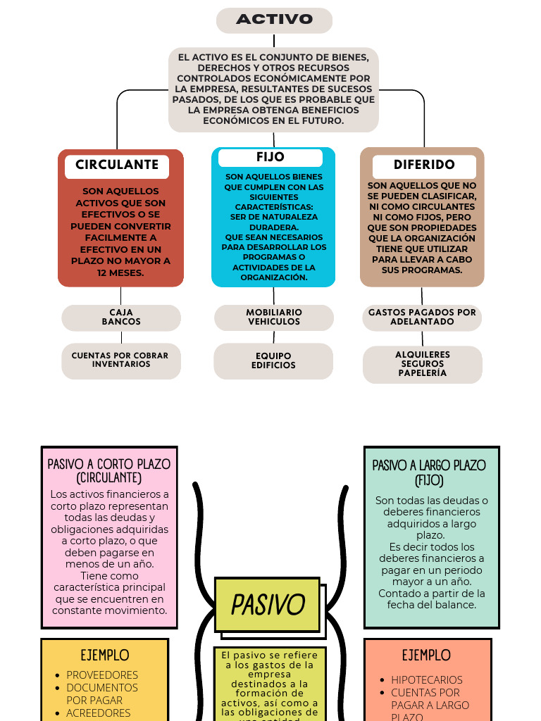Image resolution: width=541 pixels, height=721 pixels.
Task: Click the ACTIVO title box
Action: (274, 20)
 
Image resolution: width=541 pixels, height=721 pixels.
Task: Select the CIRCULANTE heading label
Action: (117, 165)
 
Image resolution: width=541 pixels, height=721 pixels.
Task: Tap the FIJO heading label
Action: (270, 157)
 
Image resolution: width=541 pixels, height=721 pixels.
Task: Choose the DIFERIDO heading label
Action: (424, 165)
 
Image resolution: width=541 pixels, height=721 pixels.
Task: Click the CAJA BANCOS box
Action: (121, 318)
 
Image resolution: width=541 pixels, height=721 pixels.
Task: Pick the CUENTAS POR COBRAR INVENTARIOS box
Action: (120, 360)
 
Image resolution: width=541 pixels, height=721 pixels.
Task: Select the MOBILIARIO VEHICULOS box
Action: (274, 318)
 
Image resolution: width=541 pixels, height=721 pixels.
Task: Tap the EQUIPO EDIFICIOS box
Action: (273, 361)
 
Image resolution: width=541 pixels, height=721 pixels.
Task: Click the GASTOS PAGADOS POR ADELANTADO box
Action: (422, 318)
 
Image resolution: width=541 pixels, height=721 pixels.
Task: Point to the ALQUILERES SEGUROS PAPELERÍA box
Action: (423, 365)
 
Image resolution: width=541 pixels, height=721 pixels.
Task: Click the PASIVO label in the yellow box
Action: (268, 605)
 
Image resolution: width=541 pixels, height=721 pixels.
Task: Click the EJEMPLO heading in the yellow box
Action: (104, 656)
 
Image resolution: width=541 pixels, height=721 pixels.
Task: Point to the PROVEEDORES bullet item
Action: (102, 675)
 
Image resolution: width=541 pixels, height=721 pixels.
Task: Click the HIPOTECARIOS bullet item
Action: (427, 680)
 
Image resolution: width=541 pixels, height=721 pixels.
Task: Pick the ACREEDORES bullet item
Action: (99, 713)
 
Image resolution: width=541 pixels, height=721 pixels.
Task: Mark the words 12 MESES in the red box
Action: (120, 273)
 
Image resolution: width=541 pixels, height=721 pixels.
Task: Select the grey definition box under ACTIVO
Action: (274, 89)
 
